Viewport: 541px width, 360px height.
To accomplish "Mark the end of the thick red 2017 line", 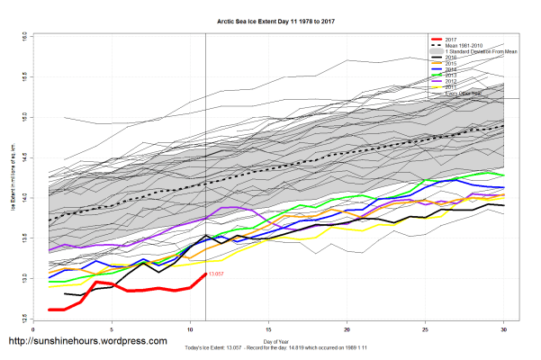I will pos(206,274).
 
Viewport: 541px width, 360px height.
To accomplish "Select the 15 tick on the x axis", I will pos(269,330).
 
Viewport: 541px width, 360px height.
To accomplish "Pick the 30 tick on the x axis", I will pos(504,330).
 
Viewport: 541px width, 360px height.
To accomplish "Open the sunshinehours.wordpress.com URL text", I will pos(87,342).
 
